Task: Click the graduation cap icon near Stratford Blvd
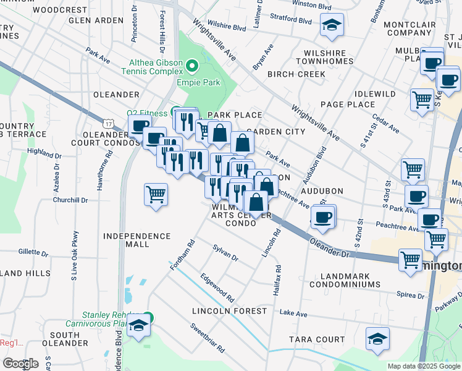332,25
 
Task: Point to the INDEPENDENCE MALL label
136,241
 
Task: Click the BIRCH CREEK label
296,74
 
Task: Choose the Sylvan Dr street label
225,253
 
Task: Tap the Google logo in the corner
20,364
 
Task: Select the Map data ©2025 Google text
424,366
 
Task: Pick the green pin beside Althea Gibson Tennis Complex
191,64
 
